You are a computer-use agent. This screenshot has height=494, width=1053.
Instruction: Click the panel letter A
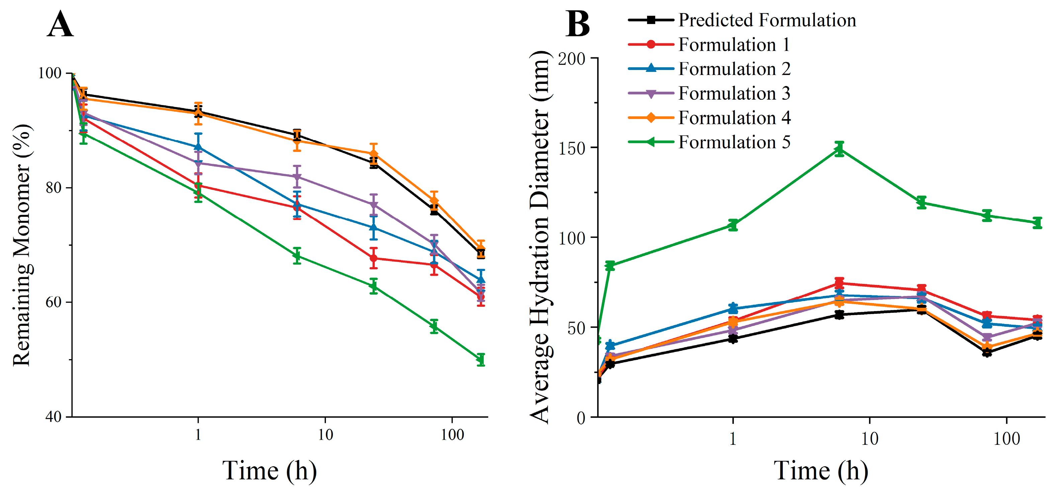61,24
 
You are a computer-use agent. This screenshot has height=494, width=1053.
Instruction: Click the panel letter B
578,24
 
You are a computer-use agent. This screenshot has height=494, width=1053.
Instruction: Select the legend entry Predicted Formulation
767,20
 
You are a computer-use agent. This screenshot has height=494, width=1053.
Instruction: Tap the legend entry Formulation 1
734,44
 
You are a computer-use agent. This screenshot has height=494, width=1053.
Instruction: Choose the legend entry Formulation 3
734,94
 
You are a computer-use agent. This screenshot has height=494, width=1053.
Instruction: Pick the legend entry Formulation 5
734,142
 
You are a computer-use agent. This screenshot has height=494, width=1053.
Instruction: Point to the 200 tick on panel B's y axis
572,59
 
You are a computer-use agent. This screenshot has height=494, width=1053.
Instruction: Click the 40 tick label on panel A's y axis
53,417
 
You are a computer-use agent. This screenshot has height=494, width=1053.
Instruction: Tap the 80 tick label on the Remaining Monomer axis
53,188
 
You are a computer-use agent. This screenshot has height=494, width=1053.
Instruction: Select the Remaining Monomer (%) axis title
22,245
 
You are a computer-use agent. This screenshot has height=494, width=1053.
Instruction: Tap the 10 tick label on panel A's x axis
325,435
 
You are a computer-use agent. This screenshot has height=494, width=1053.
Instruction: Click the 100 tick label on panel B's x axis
1006,439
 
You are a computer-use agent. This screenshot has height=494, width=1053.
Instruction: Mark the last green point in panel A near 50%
481,360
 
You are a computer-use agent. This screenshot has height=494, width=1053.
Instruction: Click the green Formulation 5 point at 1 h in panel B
733,225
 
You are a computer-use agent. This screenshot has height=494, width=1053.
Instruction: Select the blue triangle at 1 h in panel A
198,147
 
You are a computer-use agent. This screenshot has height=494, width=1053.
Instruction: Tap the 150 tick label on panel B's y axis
572,148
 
